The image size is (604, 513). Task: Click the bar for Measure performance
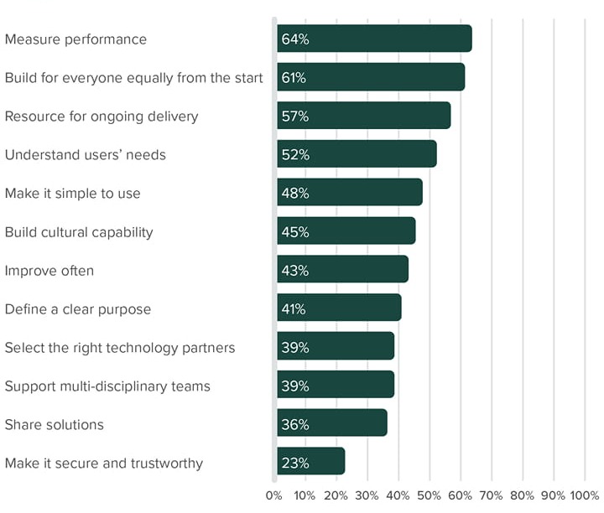(x=374, y=39)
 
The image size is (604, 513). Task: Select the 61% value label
(x=294, y=78)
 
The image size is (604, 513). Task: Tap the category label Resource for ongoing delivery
(x=102, y=117)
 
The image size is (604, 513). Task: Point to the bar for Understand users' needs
(x=357, y=155)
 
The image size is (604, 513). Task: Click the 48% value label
(x=295, y=194)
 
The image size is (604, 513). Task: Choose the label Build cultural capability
(x=79, y=232)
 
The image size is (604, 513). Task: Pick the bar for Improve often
(x=342, y=271)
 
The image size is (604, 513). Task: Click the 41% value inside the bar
(x=294, y=309)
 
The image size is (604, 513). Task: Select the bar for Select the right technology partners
(x=336, y=348)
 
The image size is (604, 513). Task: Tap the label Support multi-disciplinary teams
(x=107, y=386)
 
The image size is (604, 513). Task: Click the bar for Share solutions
(x=331, y=425)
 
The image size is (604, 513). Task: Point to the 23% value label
(x=294, y=464)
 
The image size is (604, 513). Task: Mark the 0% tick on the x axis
(x=274, y=495)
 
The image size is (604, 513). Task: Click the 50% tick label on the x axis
(x=429, y=495)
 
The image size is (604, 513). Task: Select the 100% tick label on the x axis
(x=585, y=495)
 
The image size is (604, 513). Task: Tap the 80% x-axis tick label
(x=522, y=495)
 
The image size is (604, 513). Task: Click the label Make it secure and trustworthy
(x=104, y=464)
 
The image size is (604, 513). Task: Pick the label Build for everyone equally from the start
(x=134, y=78)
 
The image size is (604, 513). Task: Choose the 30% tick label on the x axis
(x=367, y=495)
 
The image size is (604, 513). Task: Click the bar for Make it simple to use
(x=350, y=194)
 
